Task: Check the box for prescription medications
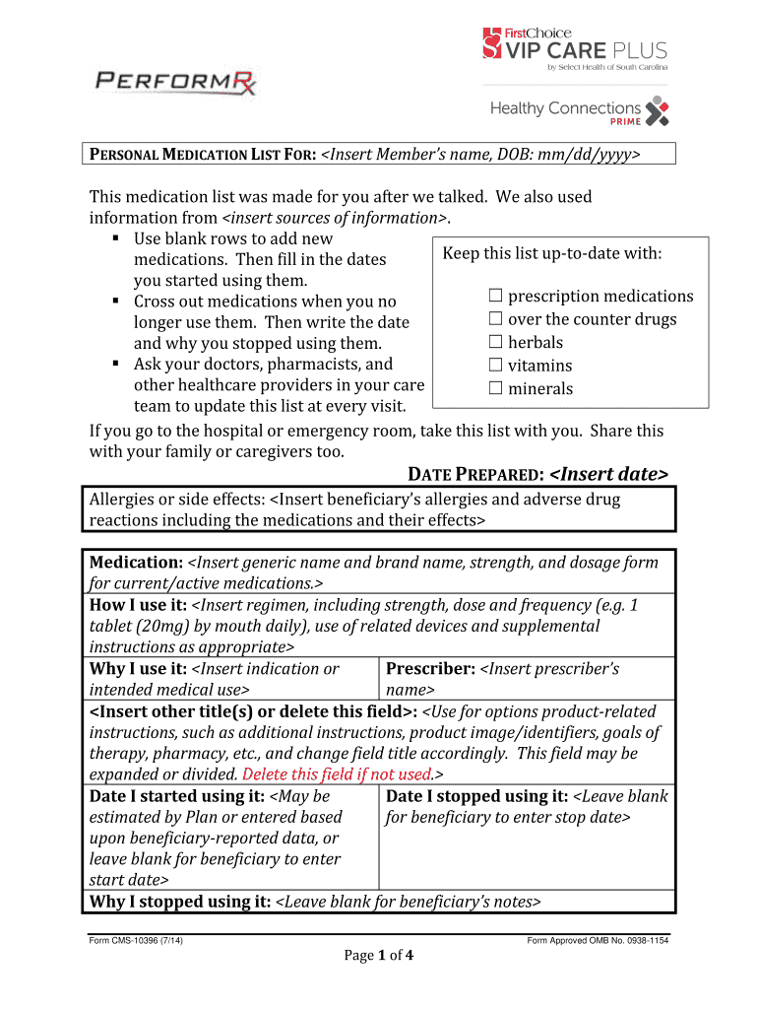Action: [x=495, y=297]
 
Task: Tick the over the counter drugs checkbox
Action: [x=495, y=319]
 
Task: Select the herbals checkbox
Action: [x=495, y=343]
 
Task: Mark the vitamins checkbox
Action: [x=495, y=366]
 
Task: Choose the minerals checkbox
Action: [x=495, y=389]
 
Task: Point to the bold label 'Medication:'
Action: [x=136, y=563]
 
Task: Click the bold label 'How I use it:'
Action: [x=138, y=605]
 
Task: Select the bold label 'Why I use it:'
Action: [x=138, y=669]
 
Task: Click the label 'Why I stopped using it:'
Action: [x=181, y=902]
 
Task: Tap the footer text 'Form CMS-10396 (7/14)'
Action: [x=135, y=941]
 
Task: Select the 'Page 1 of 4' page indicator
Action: [x=378, y=956]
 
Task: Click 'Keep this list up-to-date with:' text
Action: [x=551, y=254]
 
